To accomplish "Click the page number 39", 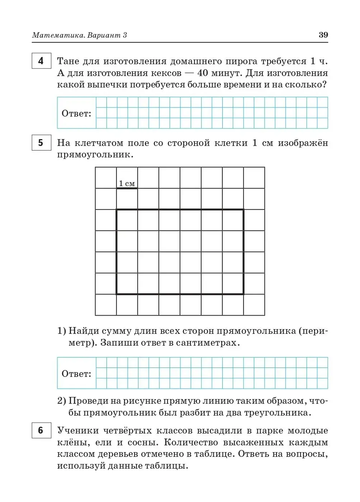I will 323,35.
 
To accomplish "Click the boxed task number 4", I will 41,61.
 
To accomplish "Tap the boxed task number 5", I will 41,143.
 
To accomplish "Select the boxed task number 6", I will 41,430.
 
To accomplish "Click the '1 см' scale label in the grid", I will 127,184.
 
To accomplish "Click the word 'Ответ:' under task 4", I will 76,114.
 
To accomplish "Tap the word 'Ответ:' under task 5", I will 76,374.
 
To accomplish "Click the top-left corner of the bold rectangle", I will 117,210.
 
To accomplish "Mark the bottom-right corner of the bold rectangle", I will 243,294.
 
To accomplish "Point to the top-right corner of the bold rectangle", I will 243,210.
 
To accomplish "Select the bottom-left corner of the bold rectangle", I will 117,294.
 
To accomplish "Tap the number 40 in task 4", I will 203,73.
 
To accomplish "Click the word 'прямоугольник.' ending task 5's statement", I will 95,155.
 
